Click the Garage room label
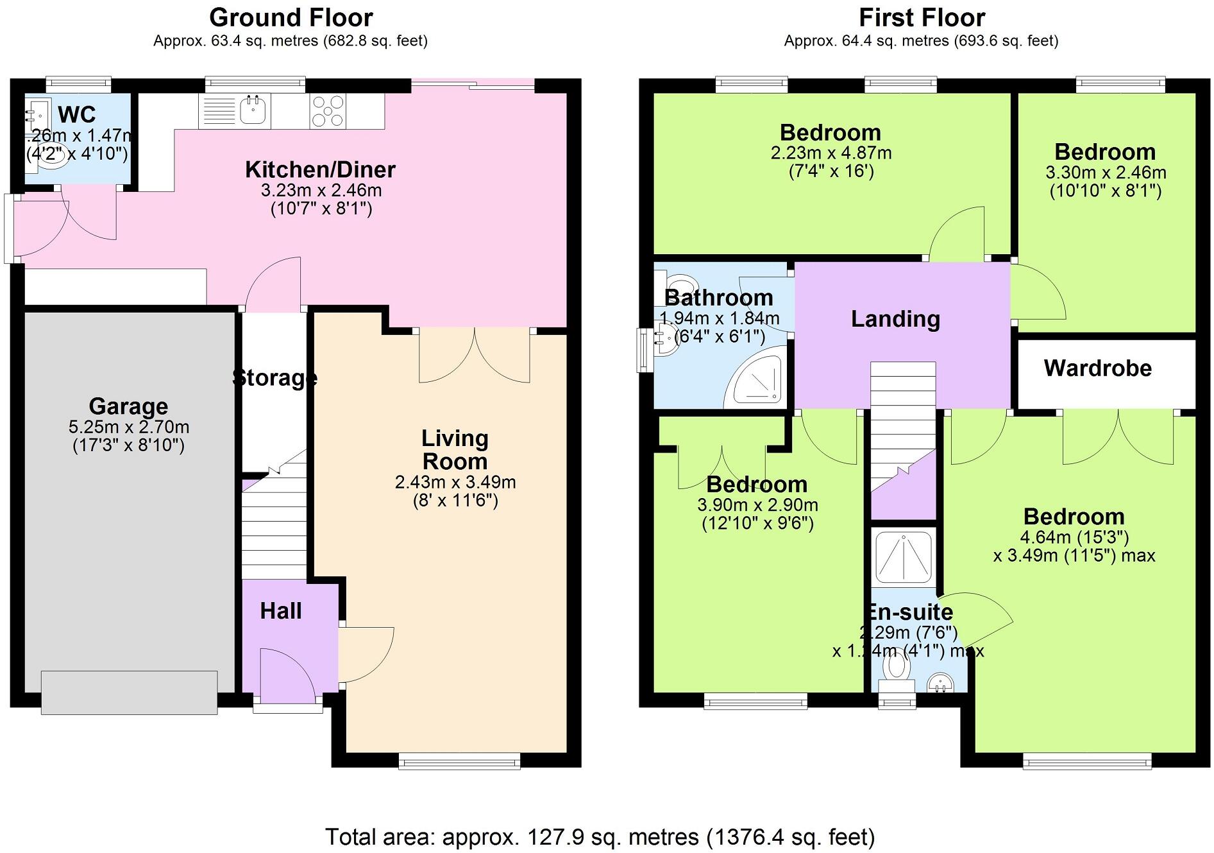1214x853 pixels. pos(128,406)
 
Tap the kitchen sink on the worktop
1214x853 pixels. pos(255,110)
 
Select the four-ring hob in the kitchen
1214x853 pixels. pos(328,111)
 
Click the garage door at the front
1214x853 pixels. pos(129,692)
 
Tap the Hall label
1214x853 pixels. pos(280,610)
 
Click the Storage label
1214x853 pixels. pos(274,377)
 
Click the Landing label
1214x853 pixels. pos(895,319)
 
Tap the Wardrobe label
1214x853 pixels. pos(1097,368)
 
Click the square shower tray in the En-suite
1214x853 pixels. pos(903,555)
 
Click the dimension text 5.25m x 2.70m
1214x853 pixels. pos(128,427)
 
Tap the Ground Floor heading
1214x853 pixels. pos(291,17)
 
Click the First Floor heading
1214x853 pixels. pos(922,17)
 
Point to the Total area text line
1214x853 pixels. pos(600,837)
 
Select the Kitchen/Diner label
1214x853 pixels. pos(320,169)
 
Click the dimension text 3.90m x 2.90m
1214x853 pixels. pos(757,505)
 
